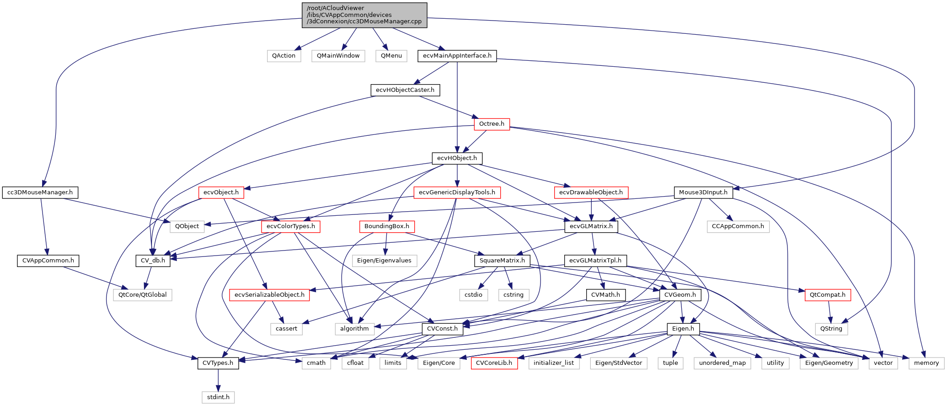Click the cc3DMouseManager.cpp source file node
(x=364, y=15)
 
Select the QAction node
(x=284, y=56)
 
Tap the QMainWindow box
(x=338, y=56)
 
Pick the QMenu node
(x=391, y=56)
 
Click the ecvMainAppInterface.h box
(x=457, y=56)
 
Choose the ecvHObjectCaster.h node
(x=405, y=90)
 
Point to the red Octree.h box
(x=492, y=124)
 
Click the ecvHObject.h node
(x=457, y=158)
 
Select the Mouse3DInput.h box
(x=703, y=192)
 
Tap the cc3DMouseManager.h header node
(x=40, y=192)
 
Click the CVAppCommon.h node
(x=48, y=261)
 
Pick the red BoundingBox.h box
(x=387, y=226)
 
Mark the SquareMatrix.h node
(x=502, y=261)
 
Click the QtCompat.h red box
(x=828, y=295)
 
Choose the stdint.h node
(x=218, y=397)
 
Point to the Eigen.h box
(x=683, y=329)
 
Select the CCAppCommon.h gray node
(x=738, y=226)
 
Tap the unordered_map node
(x=722, y=363)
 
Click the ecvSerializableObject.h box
(x=269, y=295)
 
